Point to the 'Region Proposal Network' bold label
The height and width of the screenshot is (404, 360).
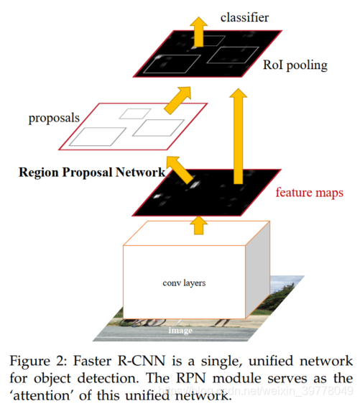tap(92, 173)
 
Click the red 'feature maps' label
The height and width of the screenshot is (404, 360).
tap(310, 193)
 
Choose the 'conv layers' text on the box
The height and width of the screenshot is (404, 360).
tap(184, 283)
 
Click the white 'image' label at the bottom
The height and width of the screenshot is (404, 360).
tap(180, 331)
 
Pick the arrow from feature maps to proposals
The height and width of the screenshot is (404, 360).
tap(177, 173)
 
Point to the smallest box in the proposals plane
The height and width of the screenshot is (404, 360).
tap(134, 112)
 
